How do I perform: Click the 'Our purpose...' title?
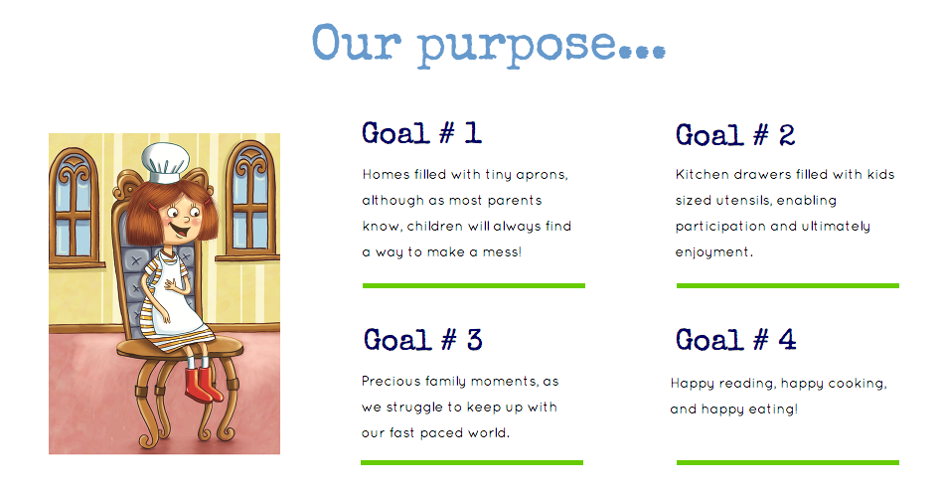point(489,45)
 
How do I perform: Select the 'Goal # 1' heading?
point(421,133)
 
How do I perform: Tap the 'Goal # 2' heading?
point(735,134)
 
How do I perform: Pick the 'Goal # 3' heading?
point(423,340)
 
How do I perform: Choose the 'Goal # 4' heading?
point(736,340)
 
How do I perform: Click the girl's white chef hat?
point(165,162)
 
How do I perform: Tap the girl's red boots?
point(203,385)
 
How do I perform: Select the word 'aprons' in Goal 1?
point(542,175)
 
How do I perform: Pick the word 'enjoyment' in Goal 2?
point(713,252)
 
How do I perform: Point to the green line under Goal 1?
point(474,285)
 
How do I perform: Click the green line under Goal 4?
point(788,462)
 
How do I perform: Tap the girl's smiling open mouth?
point(177,229)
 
